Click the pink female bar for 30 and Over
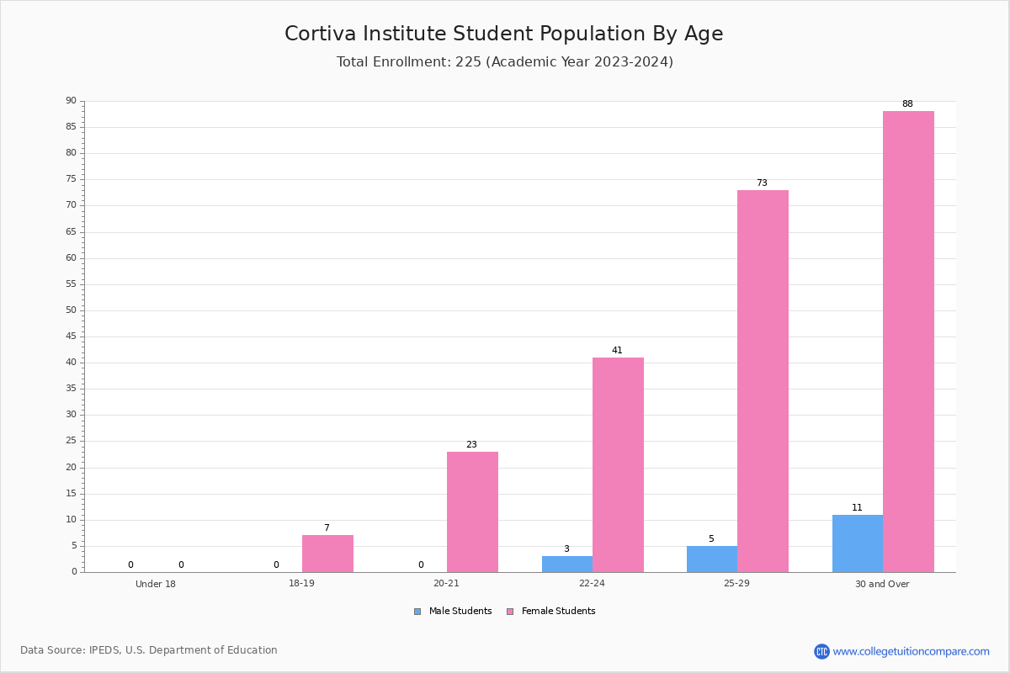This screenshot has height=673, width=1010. click(908, 342)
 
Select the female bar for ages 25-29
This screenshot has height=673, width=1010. click(763, 381)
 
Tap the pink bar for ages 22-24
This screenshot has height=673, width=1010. click(618, 464)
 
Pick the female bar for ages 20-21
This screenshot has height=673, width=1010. click(472, 512)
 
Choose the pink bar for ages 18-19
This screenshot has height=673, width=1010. click(327, 554)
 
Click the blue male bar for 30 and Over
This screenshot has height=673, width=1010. click(858, 543)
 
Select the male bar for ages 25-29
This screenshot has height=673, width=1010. click(712, 559)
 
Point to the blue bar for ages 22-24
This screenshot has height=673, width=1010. click(567, 564)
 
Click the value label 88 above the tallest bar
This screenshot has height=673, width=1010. click(907, 103)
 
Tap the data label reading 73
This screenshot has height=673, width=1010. click(762, 183)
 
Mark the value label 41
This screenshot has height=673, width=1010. click(617, 350)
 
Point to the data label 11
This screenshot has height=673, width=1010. click(857, 507)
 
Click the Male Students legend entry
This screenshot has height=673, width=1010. click(453, 611)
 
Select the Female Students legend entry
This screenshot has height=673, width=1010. click(551, 611)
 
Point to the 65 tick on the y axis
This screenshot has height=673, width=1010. click(72, 231)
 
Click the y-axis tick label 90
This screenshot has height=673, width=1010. click(72, 100)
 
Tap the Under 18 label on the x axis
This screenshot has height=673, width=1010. click(156, 584)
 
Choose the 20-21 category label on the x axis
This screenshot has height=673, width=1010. click(446, 583)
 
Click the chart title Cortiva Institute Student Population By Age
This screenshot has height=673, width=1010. click(504, 34)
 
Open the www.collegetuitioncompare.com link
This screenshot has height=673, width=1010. click(911, 651)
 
